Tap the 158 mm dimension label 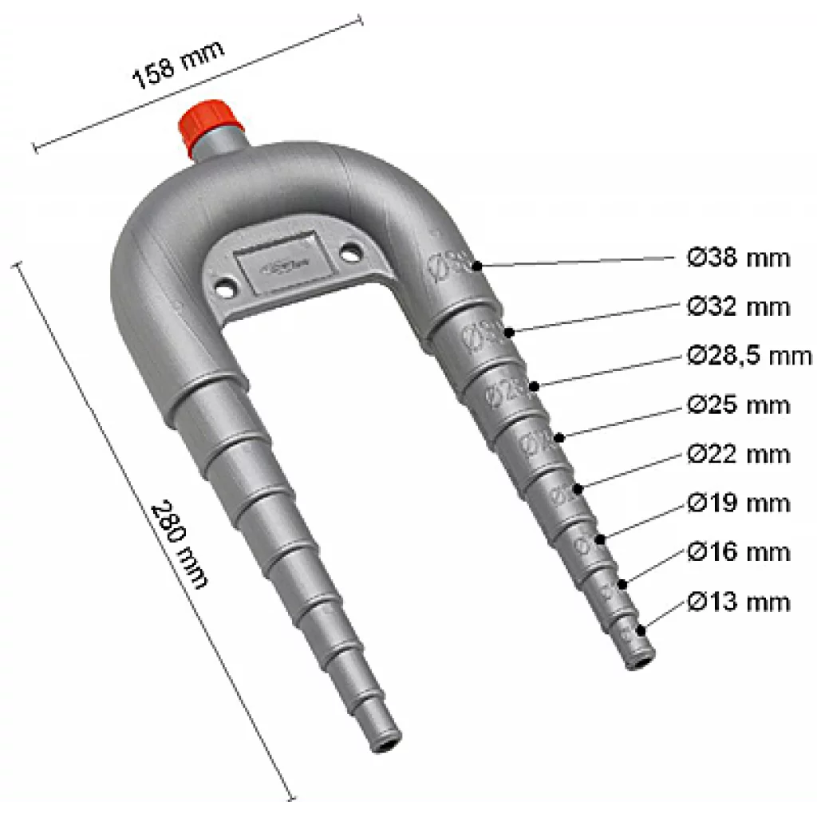(x=178, y=62)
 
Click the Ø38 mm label (x=738, y=258)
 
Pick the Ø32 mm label (x=738, y=306)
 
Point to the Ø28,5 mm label (x=748, y=356)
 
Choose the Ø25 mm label (x=738, y=405)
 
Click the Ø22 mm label (x=738, y=454)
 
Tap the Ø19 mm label (x=738, y=503)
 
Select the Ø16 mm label (x=738, y=552)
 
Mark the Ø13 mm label (x=738, y=601)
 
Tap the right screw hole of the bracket (x=349, y=253)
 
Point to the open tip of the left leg (x=385, y=743)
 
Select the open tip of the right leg (x=639, y=660)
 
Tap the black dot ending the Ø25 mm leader (x=560, y=436)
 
